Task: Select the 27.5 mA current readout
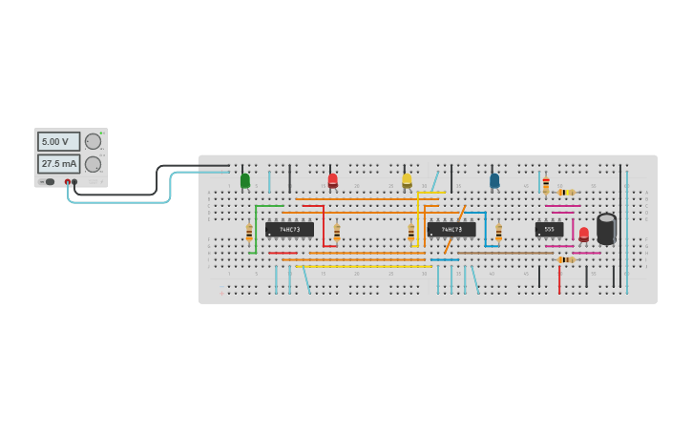[x=58, y=164]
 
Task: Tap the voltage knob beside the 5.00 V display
[x=93, y=141]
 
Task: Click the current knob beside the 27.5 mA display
[x=93, y=164]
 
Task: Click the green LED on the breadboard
[x=245, y=180]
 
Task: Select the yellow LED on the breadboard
[x=407, y=179]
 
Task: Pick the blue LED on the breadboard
[x=494, y=179]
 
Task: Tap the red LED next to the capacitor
[x=583, y=234]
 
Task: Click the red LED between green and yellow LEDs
[x=332, y=179]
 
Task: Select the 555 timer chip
[x=549, y=229]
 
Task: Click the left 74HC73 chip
[x=289, y=229]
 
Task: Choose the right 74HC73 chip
[x=451, y=229]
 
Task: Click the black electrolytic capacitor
[x=606, y=229]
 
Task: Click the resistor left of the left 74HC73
[x=249, y=232]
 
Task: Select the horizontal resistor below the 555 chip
[x=566, y=259]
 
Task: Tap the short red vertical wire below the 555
[x=559, y=278]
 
